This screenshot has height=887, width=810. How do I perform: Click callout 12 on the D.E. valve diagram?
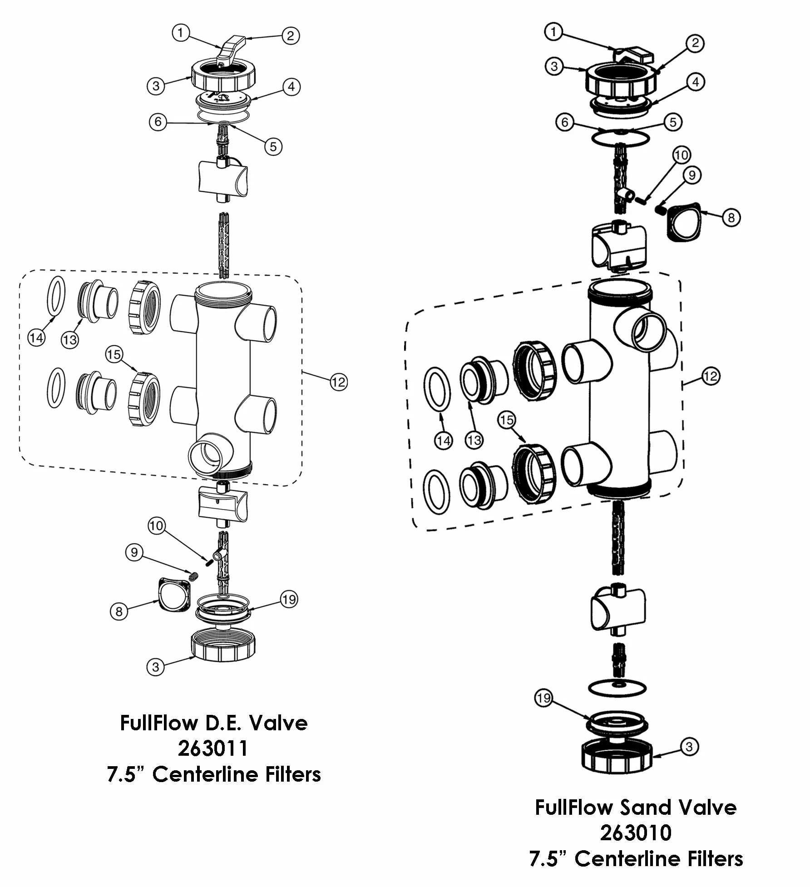[x=339, y=382]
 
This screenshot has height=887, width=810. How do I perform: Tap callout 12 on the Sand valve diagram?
[x=711, y=376]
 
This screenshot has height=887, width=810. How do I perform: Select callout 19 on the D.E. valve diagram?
[x=289, y=600]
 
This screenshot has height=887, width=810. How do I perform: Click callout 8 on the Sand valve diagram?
[x=731, y=218]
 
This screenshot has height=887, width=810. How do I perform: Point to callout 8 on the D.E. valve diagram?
[x=119, y=611]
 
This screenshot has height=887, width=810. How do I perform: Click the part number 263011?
[x=213, y=748]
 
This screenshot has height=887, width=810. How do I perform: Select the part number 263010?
[x=636, y=832]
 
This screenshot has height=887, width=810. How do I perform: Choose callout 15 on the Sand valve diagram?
[x=507, y=420]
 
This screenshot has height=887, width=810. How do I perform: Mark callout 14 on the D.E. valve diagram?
[x=36, y=337]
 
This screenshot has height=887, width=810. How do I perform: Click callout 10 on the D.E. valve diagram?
[x=156, y=526]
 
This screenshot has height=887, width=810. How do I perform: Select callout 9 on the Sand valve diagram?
[x=692, y=175]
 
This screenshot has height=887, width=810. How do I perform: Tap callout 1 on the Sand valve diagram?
[x=553, y=32]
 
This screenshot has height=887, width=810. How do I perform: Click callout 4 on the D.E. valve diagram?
[x=291, y=86]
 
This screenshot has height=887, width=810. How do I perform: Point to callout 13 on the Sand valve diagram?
[x=474, y=440]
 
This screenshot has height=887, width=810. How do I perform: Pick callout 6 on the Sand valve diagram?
[x=565, y=123]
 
